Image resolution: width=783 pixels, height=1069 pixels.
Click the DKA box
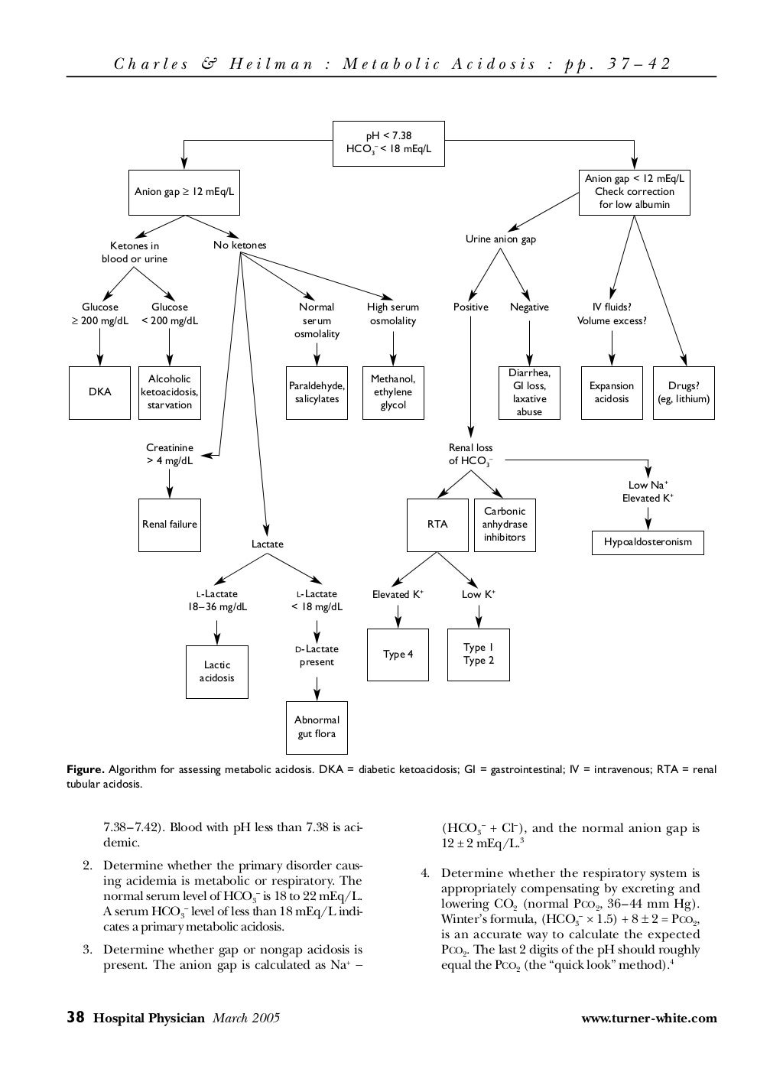(x=99, y=392)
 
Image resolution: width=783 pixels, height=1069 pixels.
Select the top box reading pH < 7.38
(x=388, y=143)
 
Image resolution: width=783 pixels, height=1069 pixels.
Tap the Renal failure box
(x=169, y=525)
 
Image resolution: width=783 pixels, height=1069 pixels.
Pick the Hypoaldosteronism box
(x=648, y=542)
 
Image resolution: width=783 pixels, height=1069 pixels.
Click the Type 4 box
(x=398, y=655)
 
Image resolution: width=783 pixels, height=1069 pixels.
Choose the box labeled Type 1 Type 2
(x=479, y=655)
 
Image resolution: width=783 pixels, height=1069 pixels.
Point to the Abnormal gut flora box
(x=317, y=727)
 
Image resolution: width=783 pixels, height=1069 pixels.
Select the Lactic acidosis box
(x=216, y=671)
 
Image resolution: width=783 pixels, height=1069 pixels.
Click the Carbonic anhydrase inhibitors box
(x=505, y=525)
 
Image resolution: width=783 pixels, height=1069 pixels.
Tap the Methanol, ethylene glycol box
(x=393, y=392)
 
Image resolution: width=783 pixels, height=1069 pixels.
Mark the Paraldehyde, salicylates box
(x=317, y=392)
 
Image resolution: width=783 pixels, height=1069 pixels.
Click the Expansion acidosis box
(x=612, y=392)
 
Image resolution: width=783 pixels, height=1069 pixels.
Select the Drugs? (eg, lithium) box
(x=684, y=392)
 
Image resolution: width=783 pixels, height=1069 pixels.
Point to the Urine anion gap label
(x=501, y=239)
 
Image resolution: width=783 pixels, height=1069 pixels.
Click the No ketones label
(x=240, y=245)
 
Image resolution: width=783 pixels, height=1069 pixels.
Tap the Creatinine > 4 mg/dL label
(x=170, y=454)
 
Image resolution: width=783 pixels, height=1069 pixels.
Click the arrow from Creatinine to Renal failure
(x=170, y=483)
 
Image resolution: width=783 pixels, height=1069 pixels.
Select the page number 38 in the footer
(x=75, y=1017)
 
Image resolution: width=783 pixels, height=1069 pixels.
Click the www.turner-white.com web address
(x=649, y=1018)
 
